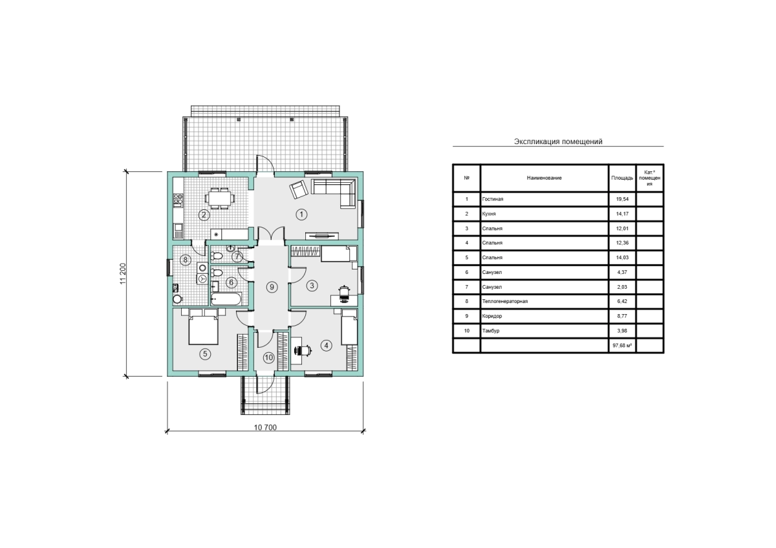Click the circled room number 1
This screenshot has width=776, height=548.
(x=301, y=215)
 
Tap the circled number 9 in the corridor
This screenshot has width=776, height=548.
(x=272, y=287)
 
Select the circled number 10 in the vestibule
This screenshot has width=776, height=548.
(x=269, y=357)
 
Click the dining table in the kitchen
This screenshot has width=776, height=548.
(x=219, y=198)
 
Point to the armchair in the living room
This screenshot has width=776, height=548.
(x=299, y=189)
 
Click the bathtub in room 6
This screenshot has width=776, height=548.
(x=226, y=299)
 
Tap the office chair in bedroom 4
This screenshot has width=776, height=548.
(x=303, y=350)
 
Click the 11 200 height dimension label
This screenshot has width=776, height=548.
(x=124, y=274)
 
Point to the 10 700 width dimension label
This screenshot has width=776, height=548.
(x=265, y=428)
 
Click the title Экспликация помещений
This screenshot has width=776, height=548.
(x=558, y=142)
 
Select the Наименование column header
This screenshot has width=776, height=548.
(x=544, y=178)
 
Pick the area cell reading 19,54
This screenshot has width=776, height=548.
(x=622, y=199)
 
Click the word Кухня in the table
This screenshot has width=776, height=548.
(x=489, y=214)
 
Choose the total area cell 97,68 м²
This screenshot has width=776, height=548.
(x=622, y=346)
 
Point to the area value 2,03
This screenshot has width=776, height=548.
(x=622, y=287)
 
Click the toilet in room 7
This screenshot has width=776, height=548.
(x=216, y=256)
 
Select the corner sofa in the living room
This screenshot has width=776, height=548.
(x=334, y=193)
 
